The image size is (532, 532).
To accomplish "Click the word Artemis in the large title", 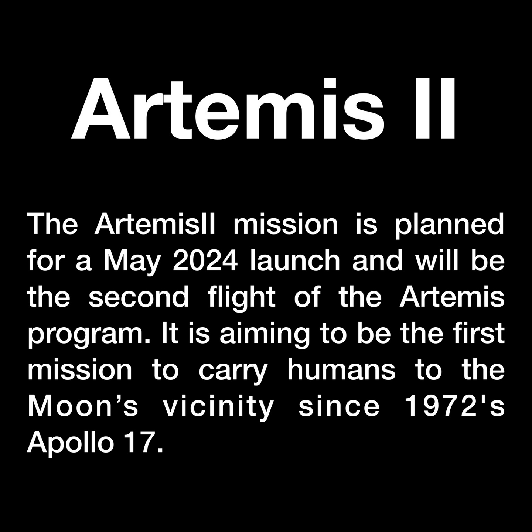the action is [228, 108].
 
